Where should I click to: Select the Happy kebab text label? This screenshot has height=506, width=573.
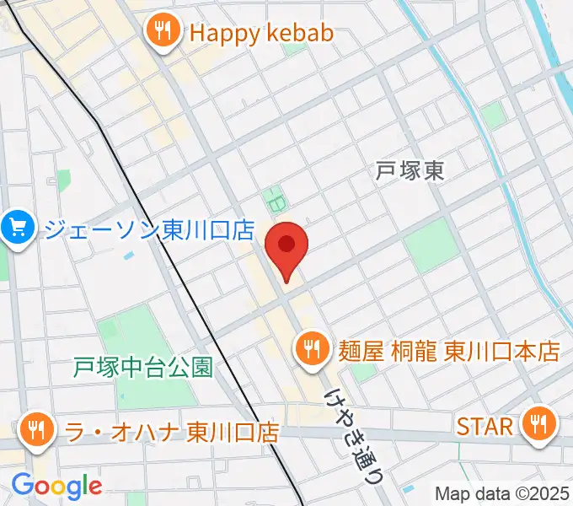click(261, 33)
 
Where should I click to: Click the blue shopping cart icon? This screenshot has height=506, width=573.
click(18, 228)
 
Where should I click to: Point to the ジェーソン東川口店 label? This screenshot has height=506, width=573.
click(149, 229)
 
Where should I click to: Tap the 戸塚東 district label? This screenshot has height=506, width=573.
click(410, 171)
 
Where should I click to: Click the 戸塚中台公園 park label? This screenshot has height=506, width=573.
click(143, 367)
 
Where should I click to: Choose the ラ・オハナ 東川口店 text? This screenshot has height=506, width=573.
click(173, 432)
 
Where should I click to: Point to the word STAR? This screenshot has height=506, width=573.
click(485, 426)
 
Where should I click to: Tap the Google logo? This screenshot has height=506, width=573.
click(56, 486)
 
